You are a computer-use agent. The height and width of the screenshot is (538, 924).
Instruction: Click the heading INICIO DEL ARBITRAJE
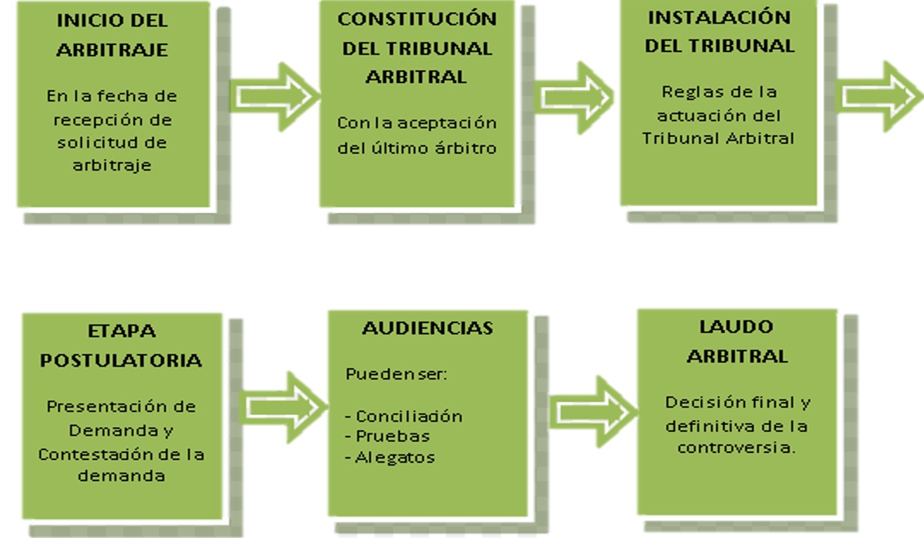tap(112, 35)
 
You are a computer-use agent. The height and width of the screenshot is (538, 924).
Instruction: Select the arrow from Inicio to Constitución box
tap(274, 96)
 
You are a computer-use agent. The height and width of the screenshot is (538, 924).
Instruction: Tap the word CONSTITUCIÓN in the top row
tap(417, 19)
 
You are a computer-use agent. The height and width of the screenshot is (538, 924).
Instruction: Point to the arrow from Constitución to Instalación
tap(573, 96)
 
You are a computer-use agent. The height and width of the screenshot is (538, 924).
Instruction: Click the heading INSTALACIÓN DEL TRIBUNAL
tap(719, 32)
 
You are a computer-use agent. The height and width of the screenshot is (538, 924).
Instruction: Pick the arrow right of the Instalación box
tap(878, 96)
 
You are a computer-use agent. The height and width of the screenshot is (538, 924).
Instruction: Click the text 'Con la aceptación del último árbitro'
tap(417, 135)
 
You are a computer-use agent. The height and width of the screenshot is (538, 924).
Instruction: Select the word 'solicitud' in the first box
tap(91, 143)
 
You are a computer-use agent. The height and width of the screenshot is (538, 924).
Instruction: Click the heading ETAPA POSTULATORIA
tap(121, 345)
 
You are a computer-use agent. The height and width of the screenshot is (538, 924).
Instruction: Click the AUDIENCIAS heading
tap(427, 328)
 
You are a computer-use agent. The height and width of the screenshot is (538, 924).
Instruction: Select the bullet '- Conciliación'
tap(403, 416)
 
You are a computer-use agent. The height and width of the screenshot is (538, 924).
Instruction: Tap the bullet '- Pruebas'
tap(387, 436)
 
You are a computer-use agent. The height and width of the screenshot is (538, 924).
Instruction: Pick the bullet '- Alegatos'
tap(390, 457)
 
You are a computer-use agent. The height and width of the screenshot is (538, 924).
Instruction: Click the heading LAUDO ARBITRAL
tap(736, 341)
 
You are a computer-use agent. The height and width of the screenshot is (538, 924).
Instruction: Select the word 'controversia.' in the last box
tap(736, 447)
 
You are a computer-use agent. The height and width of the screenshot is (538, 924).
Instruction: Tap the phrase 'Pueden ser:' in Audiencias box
tap(396, 374)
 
